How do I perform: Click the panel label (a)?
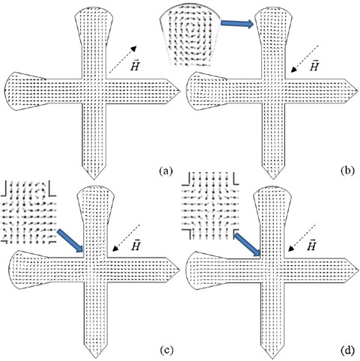tap(165, 172)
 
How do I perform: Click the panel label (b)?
tap(347, 171)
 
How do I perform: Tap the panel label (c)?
tap(165, 351)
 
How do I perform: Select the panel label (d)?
tap(347, 351)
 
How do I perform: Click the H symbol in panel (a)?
tap(135, 65)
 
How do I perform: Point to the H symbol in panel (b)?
tap(314, 66)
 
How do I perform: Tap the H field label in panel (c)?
tap(135, 245)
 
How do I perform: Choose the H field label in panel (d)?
tap(312, 245)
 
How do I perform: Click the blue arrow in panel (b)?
tap(237, 23)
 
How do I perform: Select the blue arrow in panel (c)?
tap(70, 241)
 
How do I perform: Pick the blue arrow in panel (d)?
tap(248, 244)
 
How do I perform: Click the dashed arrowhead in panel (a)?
tap(134, 49)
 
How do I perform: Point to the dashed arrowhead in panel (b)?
tap(294, 70)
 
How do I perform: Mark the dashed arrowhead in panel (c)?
tap(115, 248)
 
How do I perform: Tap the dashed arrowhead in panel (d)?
tap(292, 249)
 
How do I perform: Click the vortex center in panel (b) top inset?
tap(191, 28)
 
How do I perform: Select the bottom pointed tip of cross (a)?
tap(94, 179)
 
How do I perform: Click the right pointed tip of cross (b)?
tap(359, 91)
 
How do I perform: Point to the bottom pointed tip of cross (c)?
tap(94, 359)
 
